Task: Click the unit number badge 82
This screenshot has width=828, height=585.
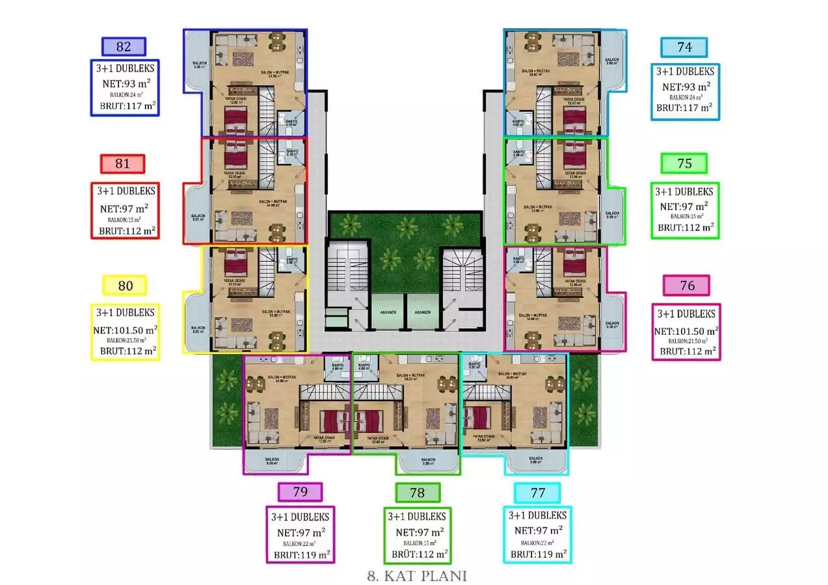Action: click(124, 47)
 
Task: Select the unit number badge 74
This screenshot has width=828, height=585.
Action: click(684, 47)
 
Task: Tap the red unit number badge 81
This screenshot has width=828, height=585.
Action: click(122, 164)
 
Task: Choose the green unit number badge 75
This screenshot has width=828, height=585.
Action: click(684, 164)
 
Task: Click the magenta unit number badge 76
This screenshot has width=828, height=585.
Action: click(686, 285)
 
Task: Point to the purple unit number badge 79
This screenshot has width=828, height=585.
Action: click(300, 492)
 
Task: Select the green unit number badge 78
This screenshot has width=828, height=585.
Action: click(417, 493)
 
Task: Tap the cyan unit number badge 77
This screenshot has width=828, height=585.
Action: click(537, 493)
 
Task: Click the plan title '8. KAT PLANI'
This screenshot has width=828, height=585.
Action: click(417, 576)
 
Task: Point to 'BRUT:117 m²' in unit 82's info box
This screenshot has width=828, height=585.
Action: click(128, 105)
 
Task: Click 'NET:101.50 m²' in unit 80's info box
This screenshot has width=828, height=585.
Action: click(126, 329)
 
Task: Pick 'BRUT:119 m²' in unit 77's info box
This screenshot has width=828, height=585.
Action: click(538, 554)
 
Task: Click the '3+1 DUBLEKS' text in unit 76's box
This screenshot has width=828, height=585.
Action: click(686, 313)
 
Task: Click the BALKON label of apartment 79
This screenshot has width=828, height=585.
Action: click(272, 459)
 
